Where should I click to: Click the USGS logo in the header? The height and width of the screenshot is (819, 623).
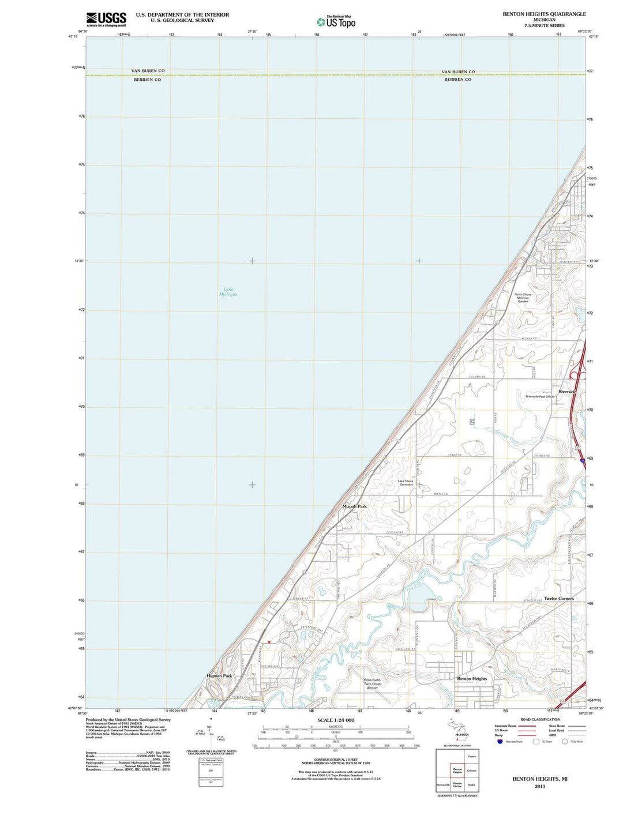[106, 19]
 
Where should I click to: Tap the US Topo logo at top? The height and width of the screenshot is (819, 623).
[336, 22]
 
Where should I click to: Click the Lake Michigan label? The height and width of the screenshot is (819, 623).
[228, 292]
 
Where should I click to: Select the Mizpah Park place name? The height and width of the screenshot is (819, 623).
[354, 506]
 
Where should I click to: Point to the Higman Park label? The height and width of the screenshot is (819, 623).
[219, 675]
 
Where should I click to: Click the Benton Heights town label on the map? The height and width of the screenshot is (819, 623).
[472, 679]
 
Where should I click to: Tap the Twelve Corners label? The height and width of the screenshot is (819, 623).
[558, 599]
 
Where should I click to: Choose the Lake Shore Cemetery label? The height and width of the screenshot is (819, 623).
[406, 483]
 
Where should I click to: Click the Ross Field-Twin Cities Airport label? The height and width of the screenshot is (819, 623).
[372, 684]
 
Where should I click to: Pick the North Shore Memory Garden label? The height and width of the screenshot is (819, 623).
[523, 298]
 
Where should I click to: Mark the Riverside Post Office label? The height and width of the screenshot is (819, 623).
[539, 397]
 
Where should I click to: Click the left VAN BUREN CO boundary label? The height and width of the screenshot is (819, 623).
[148, 71]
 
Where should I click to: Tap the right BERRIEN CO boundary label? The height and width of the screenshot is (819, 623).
[457, 80]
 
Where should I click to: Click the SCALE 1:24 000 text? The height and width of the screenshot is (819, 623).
[336, 720]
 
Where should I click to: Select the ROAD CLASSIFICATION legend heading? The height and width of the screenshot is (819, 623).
[540, 720]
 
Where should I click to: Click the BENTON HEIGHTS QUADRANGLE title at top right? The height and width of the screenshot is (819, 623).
[544, 14]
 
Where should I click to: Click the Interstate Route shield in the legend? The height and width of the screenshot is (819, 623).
[499, 742]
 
